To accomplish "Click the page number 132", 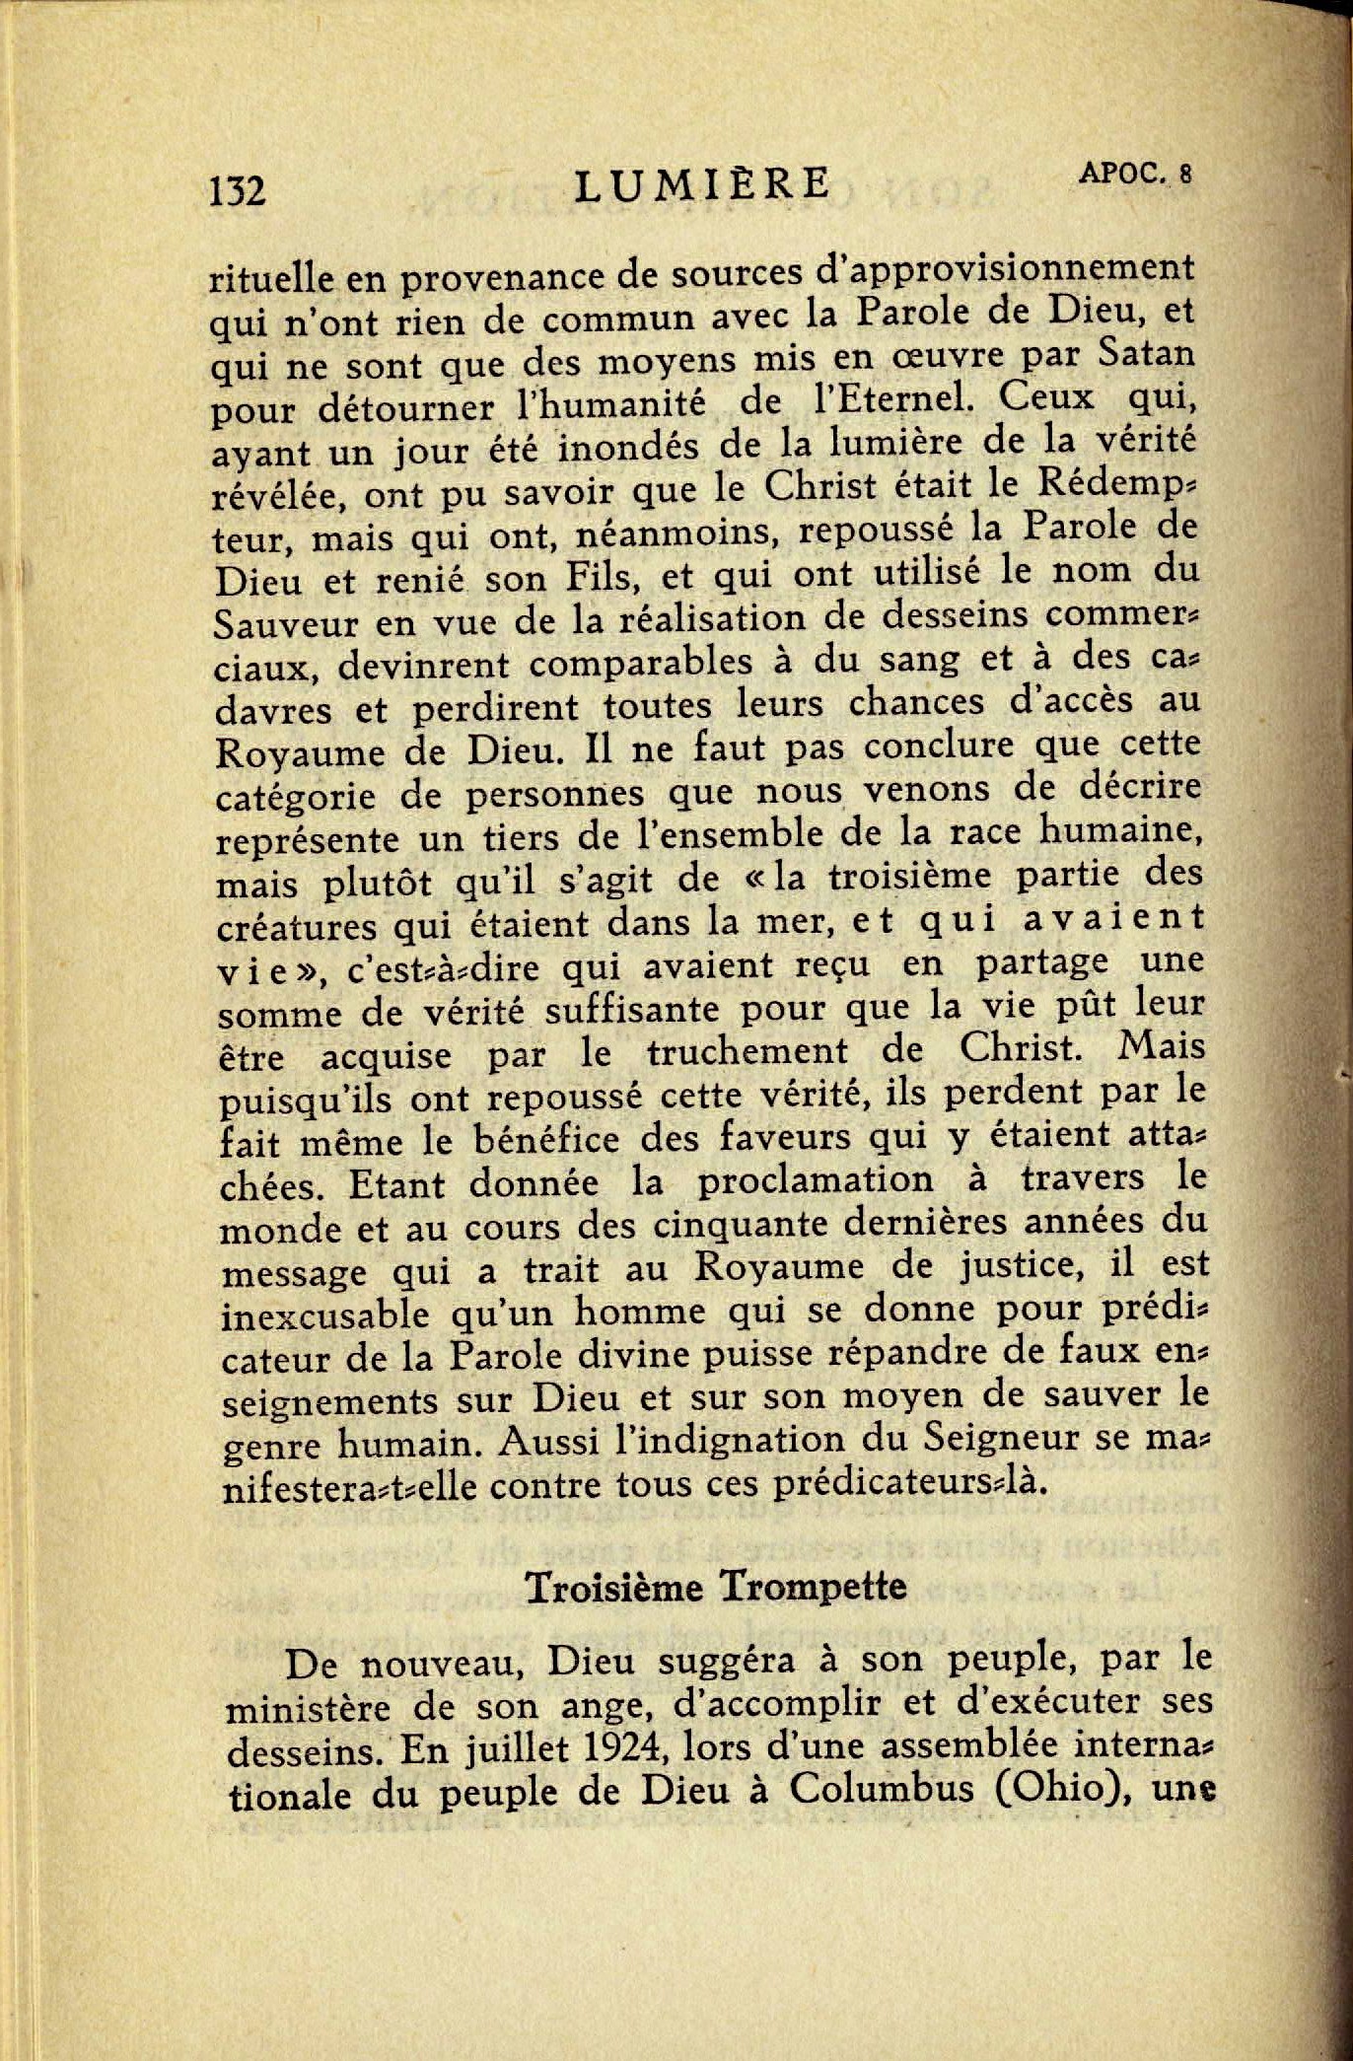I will (x=238, y=189).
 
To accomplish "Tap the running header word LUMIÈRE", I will (x=702, y=183).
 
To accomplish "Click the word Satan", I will (x=1147, y=352).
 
